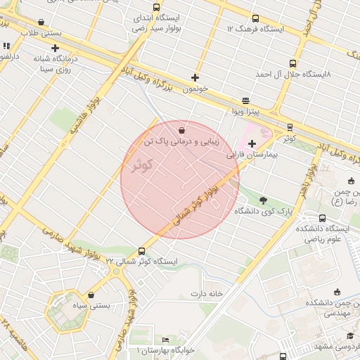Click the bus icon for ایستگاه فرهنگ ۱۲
[x=254, y=19]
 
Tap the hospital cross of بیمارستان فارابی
[x=252, y=143]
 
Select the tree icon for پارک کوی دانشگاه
[x=263, y=200]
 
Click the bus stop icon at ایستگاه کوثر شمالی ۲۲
[x=142, y=251]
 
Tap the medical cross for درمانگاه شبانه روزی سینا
[x=55, y=49]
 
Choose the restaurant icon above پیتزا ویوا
[x=245, y=101]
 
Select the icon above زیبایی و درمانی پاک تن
[x=183, y=130]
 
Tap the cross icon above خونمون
[x=195, y=77]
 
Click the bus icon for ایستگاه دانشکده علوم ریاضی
[x=322, y=218]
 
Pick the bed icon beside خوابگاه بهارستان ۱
[x=166, y=340]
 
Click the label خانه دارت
[x=205, y=292]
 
